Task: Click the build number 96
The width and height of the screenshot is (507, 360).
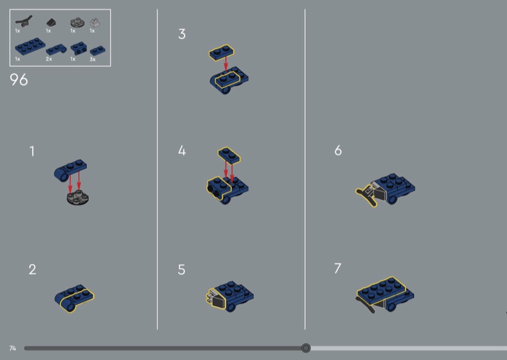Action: (x=19, y=80)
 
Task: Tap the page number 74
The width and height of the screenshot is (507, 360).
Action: (x=13, y=348)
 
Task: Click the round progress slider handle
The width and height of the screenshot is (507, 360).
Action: (x=305, y=348)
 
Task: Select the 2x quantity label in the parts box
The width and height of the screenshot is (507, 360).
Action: (x=49, y=59)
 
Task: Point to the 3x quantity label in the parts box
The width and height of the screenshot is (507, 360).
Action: (x=93, y=59)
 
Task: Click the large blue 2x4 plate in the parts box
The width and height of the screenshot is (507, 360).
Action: (x=30, y=46)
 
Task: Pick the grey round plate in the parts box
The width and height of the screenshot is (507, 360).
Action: (x=77, y=22)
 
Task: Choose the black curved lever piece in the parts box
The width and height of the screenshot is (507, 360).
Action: (x=24, y=22)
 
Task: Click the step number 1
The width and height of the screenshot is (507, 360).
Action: (x=32, y=151)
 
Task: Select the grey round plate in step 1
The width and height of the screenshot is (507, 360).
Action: (x=77, y=197)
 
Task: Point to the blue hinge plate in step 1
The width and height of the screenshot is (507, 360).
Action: (x=70, y=169)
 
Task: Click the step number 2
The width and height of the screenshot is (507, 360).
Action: (x=32, y=269)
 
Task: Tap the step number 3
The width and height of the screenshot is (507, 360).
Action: (x=182, y=34)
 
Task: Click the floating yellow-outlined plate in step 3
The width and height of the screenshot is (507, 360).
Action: (x=221, y=53)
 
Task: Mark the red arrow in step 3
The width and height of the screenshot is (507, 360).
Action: (x=226, y=65)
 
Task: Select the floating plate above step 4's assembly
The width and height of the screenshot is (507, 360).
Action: (x=229, y=155)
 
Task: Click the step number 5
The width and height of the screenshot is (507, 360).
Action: (x=181, y=269)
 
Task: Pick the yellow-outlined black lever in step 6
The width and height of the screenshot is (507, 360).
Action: (x=367, y=195)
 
